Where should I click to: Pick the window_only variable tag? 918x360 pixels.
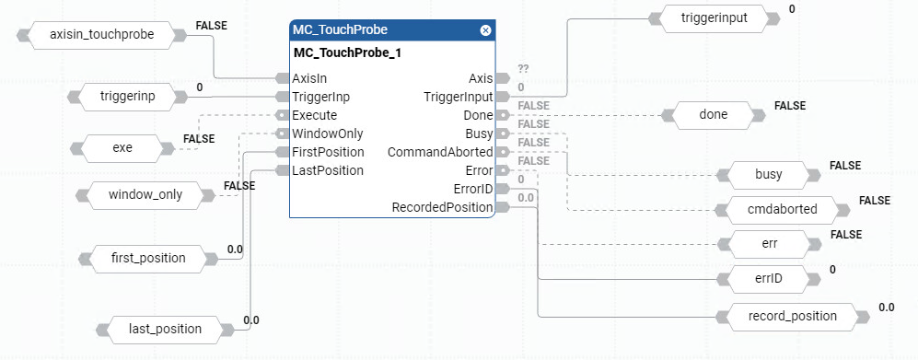(145, 194)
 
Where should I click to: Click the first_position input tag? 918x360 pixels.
(147, 258)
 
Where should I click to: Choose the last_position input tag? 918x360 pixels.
(167, 328)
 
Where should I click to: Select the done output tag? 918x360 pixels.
(714, 115)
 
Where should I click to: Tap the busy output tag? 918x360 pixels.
(768, 173)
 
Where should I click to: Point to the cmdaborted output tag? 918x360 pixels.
(783, 209)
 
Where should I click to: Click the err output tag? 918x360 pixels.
(768, 244)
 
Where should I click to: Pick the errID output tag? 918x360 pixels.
(768, 277)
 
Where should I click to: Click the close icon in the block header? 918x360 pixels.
(485, 30)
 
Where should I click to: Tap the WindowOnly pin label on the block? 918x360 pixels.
(327, 134)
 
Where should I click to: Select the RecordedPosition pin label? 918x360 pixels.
(443, 207)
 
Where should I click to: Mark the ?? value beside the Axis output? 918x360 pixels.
(523, 69)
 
